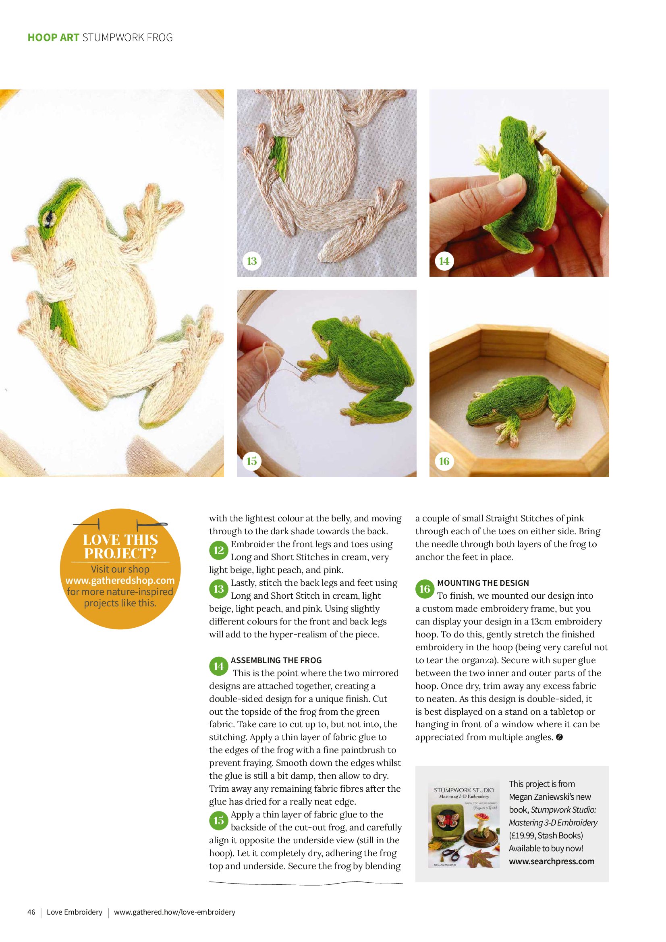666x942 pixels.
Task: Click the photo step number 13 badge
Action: (x=251, y=261)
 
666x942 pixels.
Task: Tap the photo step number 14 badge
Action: (x=444, y=261)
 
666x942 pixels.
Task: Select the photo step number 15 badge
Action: (x=251, y=461)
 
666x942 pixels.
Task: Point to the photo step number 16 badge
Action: (x=444, y=461)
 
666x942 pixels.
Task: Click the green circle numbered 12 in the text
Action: (x=219, y=550)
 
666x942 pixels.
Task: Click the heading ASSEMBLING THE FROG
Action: (x=276, y=660)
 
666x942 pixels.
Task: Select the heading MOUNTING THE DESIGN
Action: (x=483, y=583)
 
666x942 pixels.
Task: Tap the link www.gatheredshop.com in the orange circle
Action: (x=120, y=581)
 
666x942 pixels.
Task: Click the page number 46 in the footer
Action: (x=31, y=912)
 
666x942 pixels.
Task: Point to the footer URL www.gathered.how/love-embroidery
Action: (x=174, y=912)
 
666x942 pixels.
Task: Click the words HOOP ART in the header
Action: (x=53, y=37)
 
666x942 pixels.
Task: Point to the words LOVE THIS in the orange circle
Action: (x=120, y=539)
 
